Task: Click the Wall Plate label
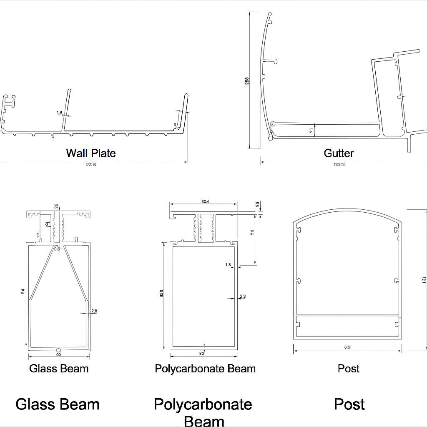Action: pyautogui.click(x=91, y=153)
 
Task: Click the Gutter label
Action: pyautogui.click(x=339, y=153)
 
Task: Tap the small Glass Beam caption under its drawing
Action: pyautogui.click(x=59, y=369)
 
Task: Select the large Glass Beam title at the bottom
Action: pyautogui.click(x=58, y=404)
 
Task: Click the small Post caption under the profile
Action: pyautogui.click(x=349, y=369)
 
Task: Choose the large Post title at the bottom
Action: pyautogui.click(x=349, y=404)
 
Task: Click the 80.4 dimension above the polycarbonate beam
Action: pyautogui.click(x=205, y=202)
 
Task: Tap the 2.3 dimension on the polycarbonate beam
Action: pyautogui.click(x=243, y=296)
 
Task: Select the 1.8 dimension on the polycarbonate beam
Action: pyautogui.click(x=228, y=265)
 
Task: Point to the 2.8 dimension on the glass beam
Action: pyautogui.click(x=94, y=311)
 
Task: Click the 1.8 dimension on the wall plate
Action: pyautogui.click(x=59, y=113)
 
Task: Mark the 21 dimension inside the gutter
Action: pyautogui.click(x=311, y=130)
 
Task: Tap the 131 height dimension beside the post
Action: pyautogui.click(x=424, y=280)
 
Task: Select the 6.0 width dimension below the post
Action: pyautogui.click(x=347, y=347)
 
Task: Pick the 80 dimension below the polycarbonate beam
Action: pyautogui.click(x=202, y=353)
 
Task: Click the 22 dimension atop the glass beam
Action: pyautogui.click(x=56, y=206)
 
